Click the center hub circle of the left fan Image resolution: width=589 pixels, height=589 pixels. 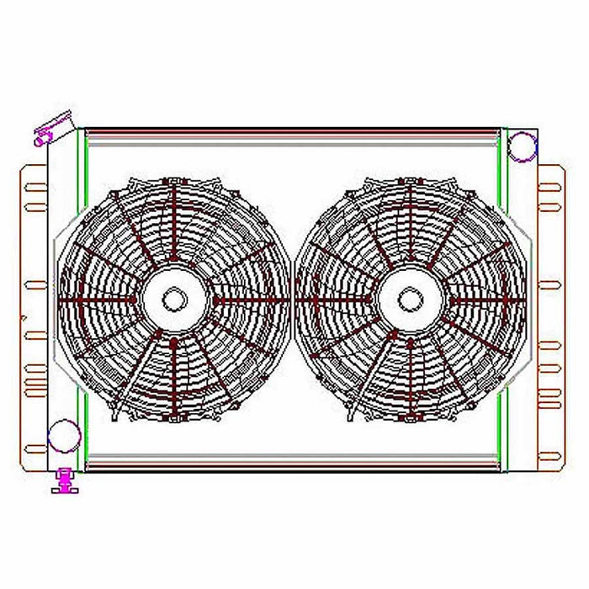coord(174,299)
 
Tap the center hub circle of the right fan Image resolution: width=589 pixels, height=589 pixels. coord(410,299)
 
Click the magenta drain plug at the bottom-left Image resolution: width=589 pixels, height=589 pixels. coord(63,481)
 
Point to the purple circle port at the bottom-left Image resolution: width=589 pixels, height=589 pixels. coord(64,437)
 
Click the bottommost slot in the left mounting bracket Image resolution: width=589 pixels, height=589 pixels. coord(35,447)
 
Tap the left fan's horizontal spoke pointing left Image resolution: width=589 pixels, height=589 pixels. coord(97,300)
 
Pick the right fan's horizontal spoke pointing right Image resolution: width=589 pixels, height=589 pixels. coord(488,300)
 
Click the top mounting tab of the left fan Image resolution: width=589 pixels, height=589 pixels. coord(174,180)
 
